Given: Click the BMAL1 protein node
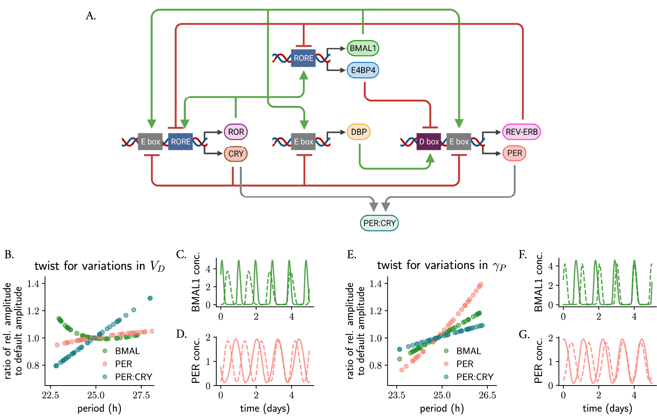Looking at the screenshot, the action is (363, 48).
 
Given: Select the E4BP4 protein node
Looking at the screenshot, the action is (363, 70).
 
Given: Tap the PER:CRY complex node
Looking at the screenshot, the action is (379, 223).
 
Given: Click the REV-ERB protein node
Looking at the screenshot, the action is (521, 132).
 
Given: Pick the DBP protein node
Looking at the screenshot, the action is (359, 132).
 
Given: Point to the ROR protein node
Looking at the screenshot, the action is (236, 132).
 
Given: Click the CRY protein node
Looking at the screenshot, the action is (236, 154).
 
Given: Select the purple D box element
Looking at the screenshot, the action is (428, 142).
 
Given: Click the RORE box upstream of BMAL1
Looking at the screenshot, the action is (303, 58).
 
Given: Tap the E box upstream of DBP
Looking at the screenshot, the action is (303, 142).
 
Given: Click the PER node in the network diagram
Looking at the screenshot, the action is (514, 153).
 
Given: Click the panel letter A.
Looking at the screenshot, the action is (91, 16).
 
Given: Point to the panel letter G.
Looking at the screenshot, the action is (524, 335).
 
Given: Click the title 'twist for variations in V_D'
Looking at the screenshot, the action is (99, 266).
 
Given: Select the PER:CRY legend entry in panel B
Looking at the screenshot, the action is (128, 377).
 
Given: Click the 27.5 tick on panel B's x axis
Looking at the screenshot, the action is (141, 396).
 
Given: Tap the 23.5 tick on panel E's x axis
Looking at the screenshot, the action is (397, 396).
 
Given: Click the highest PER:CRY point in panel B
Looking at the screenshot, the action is (150, 298).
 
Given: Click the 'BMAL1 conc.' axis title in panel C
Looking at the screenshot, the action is (195, 282).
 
